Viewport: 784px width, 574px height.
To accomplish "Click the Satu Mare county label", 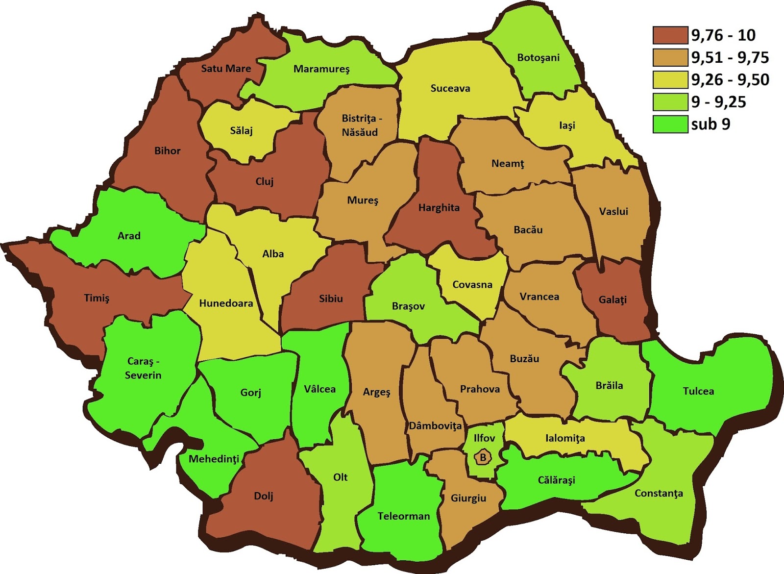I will pyautogui.click(x=226, y=69).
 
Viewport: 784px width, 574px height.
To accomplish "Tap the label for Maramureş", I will pyautogui.click(x=321, y=69).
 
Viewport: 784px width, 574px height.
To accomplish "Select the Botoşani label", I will pyautogui.click(x=538, y=58).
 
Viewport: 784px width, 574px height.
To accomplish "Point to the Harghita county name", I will pyautogui.click(x=439, y=208).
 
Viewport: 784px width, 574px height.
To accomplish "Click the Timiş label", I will pyautogui.click(x=97, y=298).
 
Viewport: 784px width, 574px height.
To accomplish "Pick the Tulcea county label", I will pyautogui.click(x=698, y=391).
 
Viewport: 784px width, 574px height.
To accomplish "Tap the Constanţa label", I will pyautogui.click(x=659, y=493).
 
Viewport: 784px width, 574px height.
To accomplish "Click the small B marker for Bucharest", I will pyautogui.click(x=483, y=458).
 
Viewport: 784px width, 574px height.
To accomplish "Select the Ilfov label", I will pyautogui.click(x=484, y=438).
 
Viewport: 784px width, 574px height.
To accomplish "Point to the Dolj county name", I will pyautogui.click(x=264, y=496).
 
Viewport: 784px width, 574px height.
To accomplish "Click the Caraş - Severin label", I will pyautogui.click(x=143, y=368).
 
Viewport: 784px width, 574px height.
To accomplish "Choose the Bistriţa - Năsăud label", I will pyautogui.click(x=361, y=125).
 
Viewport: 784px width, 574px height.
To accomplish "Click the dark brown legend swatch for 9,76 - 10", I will pyautogui.click(x=670, y=35).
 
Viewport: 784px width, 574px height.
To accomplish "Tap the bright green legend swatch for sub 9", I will pyautogui.click(x=670, y=124).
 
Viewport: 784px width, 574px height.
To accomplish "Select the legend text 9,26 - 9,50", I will pyautogui.click(x=730, y=79).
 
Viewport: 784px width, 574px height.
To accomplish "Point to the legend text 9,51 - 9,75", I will pyautogui.click(x=730, y=57).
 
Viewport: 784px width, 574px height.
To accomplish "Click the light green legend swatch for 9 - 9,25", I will pyautogui.click(x=670, y=102).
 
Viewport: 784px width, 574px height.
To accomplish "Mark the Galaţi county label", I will pyautogui.click(x=612, y=299).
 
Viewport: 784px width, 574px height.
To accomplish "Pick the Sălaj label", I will pyautogui.click(x=241, y=131).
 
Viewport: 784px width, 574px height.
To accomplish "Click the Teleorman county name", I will pyautogui.click(x=403, y=516).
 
